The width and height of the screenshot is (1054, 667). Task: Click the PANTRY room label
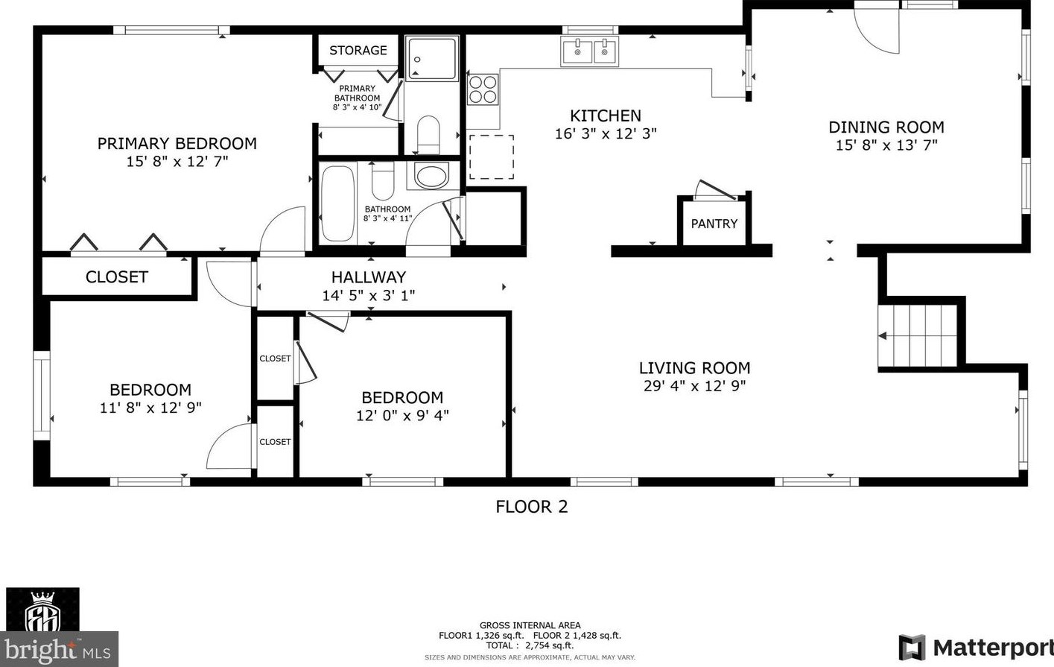pyautogui.click(x=714, y=224)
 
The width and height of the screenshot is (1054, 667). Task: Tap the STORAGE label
pyautogui.click(x=358, y=51)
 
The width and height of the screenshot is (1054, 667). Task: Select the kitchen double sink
pyautogui.click(x=590, y=51)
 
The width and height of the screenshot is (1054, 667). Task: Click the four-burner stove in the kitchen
pyautogui.click(x=483, y=89)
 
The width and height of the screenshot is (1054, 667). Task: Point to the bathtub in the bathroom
pyautogui.click(x=337, y=203)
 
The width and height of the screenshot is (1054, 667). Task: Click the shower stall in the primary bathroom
pyautogui.click(x=431, y=58)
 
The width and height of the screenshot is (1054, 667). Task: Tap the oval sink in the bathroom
pyautogui.click(x=432, y=176)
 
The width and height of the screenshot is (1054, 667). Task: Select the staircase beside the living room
pyautogui.click(x=918, y=335)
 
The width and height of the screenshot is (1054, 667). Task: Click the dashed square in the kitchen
pyautogui.click(x=491, y=157)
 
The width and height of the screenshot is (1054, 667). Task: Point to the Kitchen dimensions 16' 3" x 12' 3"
pyautogui.click(x=606, y=134)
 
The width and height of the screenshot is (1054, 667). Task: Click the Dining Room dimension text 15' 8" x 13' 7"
pyautogui.click(x=886, y=145)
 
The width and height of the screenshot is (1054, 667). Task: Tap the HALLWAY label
pyautogui.click(x=369, y=276)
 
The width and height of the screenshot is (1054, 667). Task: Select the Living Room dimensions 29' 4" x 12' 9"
pyautogui.click(x=694, y=386)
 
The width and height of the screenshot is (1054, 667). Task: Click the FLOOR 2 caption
pyautogui.click(x=532, y=507)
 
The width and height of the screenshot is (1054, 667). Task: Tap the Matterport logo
pyautogui.click(x=976, y=648)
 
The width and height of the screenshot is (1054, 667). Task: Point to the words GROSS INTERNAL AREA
pyautogui.click(x=530, y=625)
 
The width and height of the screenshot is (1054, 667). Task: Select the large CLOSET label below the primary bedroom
pyautogui.click(x=117, y=277)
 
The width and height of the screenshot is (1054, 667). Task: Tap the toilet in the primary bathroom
pyautogui.click(x=428, y=133)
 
